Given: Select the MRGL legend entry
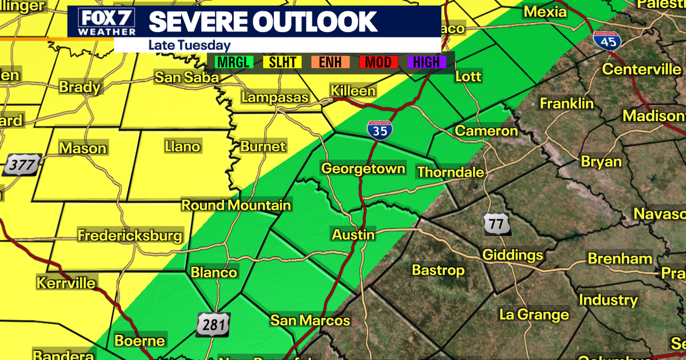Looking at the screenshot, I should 233,62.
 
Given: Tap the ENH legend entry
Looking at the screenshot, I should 330,62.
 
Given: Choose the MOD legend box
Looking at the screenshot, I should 378,62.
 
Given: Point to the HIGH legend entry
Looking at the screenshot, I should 426,62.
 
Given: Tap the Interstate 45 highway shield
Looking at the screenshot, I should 606,41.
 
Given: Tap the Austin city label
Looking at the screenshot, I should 354,235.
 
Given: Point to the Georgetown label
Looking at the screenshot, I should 363,169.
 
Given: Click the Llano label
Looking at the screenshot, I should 182,147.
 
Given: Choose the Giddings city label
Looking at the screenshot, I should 512,255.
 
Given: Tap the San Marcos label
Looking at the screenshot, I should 310,320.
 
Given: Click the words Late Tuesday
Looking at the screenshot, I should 189,45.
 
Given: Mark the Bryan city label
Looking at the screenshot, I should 601,162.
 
